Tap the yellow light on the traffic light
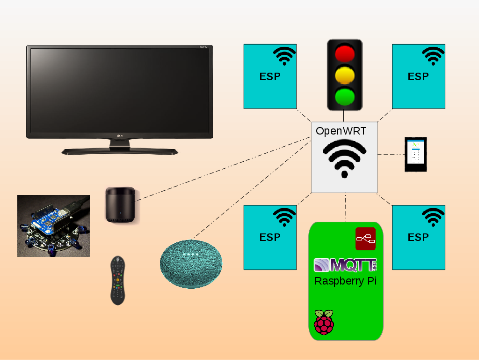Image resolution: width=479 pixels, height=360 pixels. (344, 75)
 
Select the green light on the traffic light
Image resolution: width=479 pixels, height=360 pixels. (344, 97)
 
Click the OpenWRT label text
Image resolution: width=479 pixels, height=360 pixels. (341, 131)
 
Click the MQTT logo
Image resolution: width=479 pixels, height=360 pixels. (345, 265)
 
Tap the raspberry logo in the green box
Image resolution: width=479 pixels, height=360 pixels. (324, 322)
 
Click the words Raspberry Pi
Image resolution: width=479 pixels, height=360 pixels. (345, 281)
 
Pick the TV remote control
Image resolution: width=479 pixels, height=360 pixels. (117, 280)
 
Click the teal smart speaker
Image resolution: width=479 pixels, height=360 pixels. (191, 263)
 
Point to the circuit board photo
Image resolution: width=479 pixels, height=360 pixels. (53, 225)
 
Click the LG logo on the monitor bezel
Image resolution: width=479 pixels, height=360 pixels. (119, 136)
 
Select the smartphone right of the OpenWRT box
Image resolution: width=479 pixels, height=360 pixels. (415, 154)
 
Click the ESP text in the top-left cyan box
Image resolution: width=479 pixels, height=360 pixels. (270, 76)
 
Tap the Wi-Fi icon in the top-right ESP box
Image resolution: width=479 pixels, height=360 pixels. (433, 56)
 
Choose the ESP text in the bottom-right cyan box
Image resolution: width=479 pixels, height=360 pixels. (418, 237)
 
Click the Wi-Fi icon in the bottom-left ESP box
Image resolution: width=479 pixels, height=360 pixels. (284, 217)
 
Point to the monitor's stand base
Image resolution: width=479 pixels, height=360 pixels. (120, 151)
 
